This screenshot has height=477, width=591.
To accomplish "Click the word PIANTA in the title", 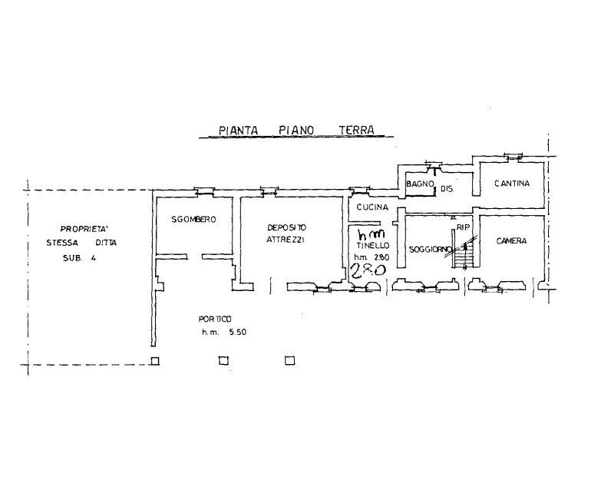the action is coord(238,131).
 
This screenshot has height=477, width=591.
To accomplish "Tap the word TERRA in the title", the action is coord(357,130).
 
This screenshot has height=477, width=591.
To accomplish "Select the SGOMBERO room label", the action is coord(193,220).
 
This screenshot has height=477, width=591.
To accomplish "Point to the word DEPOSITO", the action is coord(287,228).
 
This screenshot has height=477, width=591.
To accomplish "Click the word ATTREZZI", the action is coord(286,240).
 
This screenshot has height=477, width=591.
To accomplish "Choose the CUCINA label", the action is coord(372,207).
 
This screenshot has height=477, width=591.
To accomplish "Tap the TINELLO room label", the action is coord(373,246).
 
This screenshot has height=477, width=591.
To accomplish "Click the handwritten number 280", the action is coord(368,270).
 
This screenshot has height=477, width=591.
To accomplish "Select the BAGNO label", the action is coord(420,184).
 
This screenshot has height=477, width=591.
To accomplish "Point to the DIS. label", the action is coord(447,189).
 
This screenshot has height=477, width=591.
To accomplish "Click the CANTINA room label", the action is coord(512,184).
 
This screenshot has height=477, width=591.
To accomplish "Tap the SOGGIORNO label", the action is coord(431,249).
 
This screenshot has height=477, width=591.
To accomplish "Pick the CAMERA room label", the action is coord(511,241).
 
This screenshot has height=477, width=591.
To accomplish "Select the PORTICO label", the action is coord(215,320).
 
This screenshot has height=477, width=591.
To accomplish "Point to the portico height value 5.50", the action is coord(238,332).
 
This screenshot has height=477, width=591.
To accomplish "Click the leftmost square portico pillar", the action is coord(155,361).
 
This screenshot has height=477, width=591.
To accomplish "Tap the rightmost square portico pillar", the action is coord(289,361).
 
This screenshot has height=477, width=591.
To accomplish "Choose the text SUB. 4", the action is coord(79,258).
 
